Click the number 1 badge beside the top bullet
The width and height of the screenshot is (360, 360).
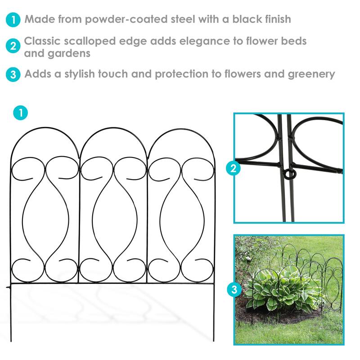coord(13,20)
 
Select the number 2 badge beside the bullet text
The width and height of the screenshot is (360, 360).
coord(13,46)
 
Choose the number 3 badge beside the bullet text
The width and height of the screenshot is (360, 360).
coord(13,74)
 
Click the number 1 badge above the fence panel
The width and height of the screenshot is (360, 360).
coord(20,112)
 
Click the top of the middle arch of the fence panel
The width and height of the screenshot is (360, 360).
coord(113,129)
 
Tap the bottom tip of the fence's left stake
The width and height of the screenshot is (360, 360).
coord(11,341)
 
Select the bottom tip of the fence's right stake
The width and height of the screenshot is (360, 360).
coord(214,341)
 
